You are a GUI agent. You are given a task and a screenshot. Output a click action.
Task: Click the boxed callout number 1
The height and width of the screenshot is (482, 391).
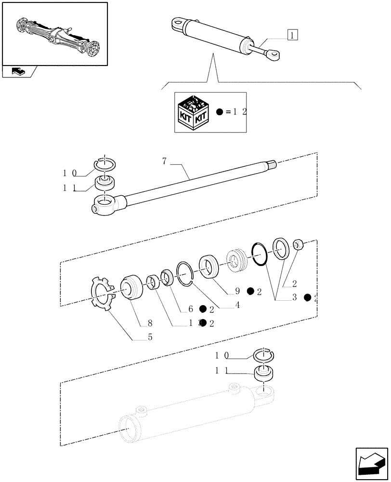click(293, 35)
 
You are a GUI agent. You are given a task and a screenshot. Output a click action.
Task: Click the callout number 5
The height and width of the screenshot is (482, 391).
click(150, 337)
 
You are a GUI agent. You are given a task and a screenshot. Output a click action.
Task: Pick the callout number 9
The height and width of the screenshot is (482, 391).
click(236, 291)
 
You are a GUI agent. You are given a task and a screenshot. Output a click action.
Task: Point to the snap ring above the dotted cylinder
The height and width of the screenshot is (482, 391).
click(263, 354)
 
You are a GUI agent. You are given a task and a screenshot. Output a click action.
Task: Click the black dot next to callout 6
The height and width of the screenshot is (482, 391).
click(203, 308)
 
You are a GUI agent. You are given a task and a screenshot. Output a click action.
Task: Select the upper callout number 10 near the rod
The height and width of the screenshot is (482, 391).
click(70, 173)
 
